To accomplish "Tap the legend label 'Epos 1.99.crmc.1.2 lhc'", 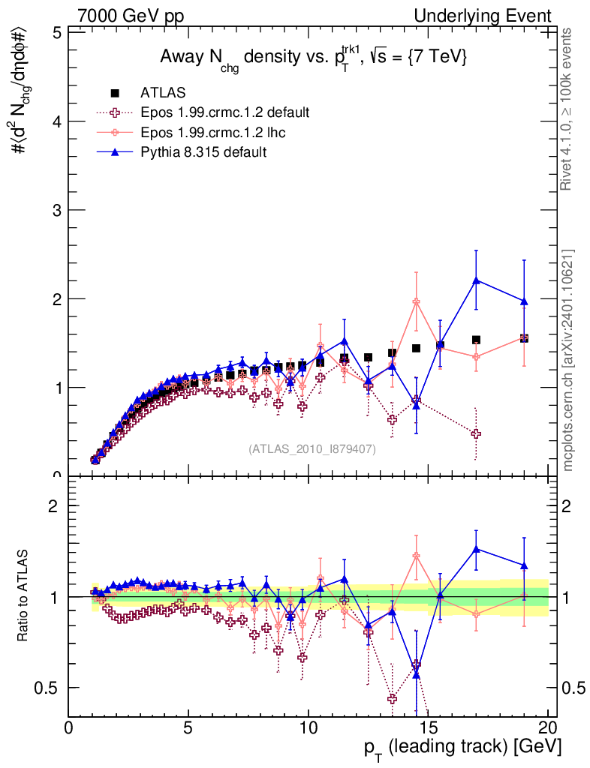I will coord(215,133).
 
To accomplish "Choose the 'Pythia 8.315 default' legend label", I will coord(204,152).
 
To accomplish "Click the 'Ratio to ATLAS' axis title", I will coord(22,596).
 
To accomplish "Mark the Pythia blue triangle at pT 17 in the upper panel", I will coord(476,280).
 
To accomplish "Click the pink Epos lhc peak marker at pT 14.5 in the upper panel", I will coord(416,301).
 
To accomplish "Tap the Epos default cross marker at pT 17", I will coord(476,433).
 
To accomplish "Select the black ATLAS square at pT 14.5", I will coord(416,348).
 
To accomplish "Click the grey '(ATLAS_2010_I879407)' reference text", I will coord(312,448).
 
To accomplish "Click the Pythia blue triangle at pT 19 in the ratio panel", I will coord(524,565).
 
